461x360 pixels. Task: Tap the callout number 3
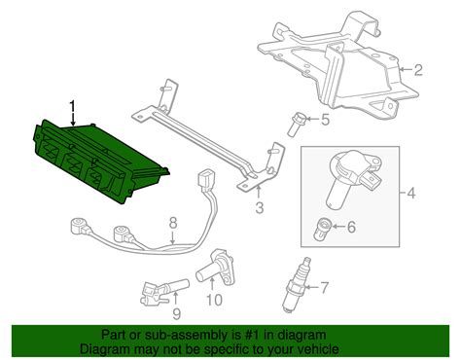point(260,207)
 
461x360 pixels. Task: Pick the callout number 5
point(325,121)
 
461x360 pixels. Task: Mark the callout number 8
point(172,224)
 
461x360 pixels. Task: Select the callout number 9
point(176,312)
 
